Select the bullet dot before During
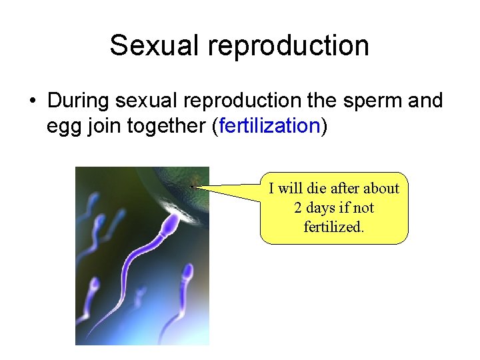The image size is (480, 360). tap(31, 101)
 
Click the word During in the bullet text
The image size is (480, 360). tap(79, 101)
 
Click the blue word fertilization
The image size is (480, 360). tap(269, 126)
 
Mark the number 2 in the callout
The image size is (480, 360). tap(298, 208)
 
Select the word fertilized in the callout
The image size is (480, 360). tap(333, 227)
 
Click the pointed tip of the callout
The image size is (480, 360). tap(192, 187)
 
